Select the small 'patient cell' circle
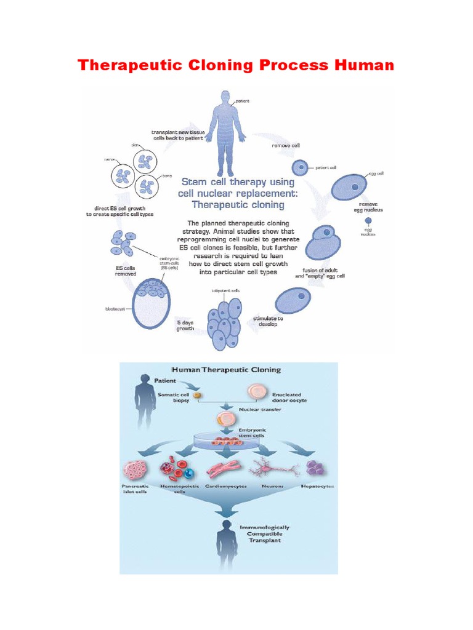coord(299,167)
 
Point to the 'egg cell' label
coord(376,174)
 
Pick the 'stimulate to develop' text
coord(268,322)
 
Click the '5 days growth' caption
coord(186,325)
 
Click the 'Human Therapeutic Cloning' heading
coord(226,370)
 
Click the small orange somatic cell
coord(197,394)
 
